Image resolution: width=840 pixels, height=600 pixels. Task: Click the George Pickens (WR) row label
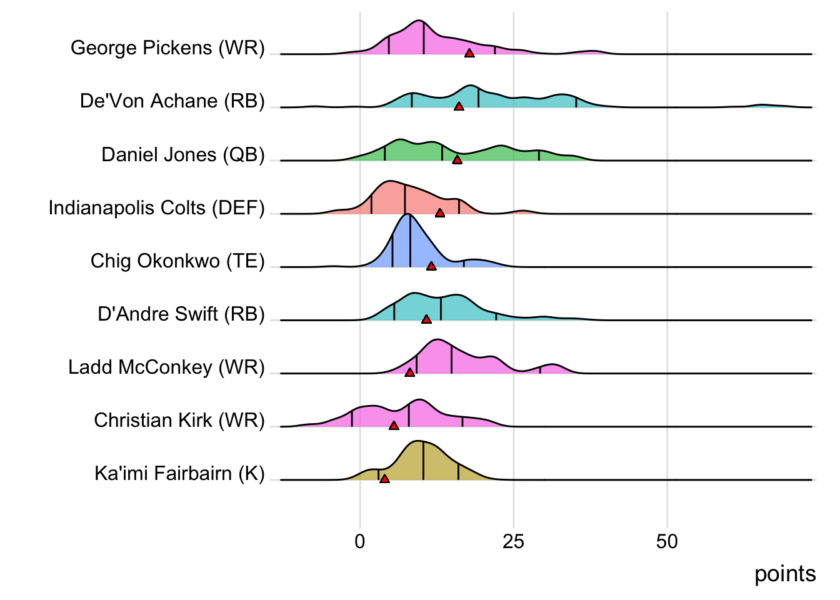click(x=167, y=47)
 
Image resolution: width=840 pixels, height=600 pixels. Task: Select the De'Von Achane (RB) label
click(x=172, y=101)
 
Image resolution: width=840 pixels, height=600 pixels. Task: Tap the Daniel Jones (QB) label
click(x=183, y=154)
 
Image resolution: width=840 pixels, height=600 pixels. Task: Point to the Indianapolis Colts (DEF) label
click(x=157, y=207)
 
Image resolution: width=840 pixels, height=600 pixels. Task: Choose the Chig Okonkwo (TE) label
click(x=177, y=261)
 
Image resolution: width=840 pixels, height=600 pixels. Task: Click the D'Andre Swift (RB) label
click(x=181, y=314)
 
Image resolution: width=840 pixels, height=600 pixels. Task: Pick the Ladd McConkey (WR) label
click(x=167, y=367)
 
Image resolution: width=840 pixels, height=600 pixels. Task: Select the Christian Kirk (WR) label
click(x=179, y=420)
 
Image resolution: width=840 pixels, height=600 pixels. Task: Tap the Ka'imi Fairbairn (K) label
click(x=180, y=473)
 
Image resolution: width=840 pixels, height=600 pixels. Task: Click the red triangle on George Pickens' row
click(x=469, y=53)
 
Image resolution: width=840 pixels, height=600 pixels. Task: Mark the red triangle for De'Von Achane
click(x=459, y=107)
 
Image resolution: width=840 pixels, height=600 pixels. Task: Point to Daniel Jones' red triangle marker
click(x=457, y=160)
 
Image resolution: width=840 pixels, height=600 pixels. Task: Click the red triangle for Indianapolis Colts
click(x=440, y=213)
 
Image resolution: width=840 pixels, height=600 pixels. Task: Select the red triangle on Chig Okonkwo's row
click(x=431, y=266)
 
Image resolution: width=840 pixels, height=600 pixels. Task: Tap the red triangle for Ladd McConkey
click(x=409, y=372)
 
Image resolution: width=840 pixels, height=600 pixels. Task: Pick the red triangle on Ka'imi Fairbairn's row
click(x=384, y=479)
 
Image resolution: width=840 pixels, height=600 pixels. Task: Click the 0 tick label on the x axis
click(x=360, y=541)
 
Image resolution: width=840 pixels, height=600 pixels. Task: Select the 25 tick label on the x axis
click(x=513, y=541)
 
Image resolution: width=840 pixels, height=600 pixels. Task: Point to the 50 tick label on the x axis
click(x=667, y=541)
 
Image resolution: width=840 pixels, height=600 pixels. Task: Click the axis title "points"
click(x=785, y=574)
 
